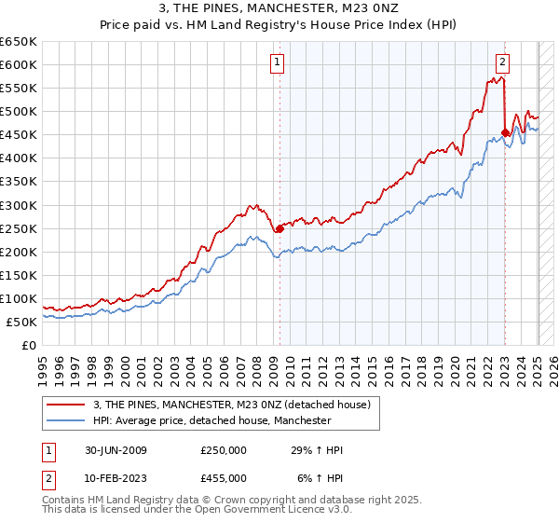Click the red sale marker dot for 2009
pos(279,228)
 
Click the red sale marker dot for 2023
pos(505,132)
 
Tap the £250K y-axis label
pos(19,228)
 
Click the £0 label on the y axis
pos(28,345)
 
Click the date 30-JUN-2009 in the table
pos(114,450)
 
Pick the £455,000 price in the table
pos(224,478)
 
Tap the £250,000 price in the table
pos(224,450)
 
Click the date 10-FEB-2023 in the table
pos(114,478)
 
